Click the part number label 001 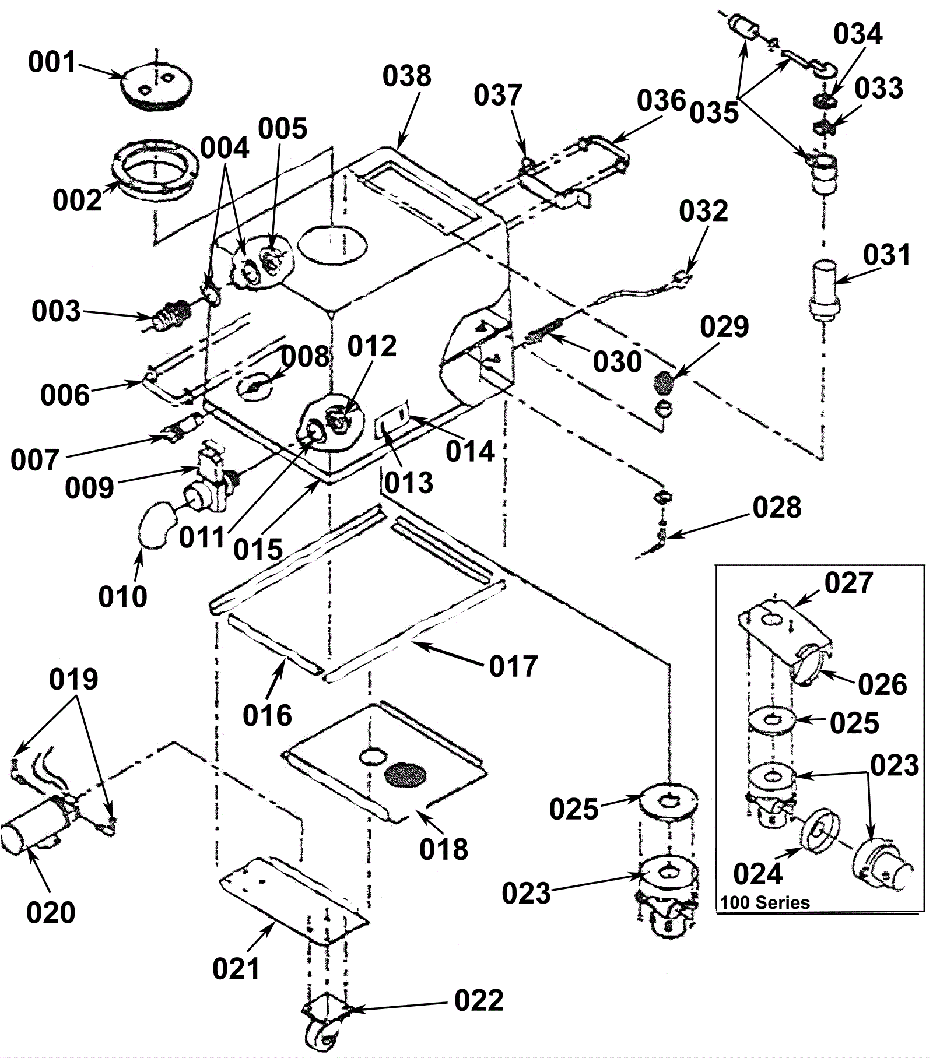click(x=52, y=62)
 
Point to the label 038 click(x=407, y=76)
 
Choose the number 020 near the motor click(x=51, y=912)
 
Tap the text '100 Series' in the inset click(x=765, y=903)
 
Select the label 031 click(x=886, y=255)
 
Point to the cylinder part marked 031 click(x=823, y=290)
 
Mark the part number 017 click(x=513, y=666)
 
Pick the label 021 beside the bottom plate click(x=236, y=969)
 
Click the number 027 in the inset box click(x=848, y=583)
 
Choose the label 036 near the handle click(x=661, y=101)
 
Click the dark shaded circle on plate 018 click(x=406, y=774)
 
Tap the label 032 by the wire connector click(x=703, y=211)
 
